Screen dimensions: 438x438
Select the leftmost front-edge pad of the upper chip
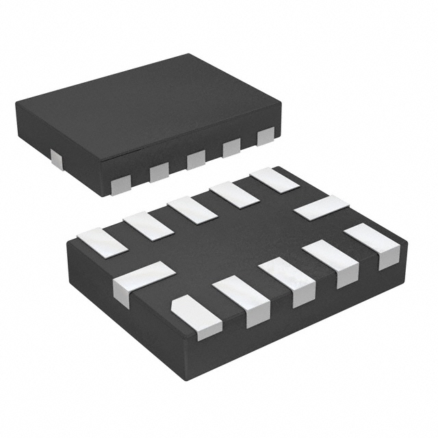[x=121, y=183]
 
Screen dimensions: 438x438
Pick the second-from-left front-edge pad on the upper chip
[x=159, y=171]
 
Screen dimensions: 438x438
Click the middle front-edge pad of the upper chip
[x=196, y=159]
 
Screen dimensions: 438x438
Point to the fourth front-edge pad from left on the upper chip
[x=231, y=147]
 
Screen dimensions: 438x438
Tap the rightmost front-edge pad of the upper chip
[x=266, y=136]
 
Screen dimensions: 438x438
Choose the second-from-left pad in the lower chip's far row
[x=147, y=225]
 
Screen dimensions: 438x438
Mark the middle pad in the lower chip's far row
[x=192, y=209]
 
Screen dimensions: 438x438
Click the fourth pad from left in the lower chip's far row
[x=234, y=194]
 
